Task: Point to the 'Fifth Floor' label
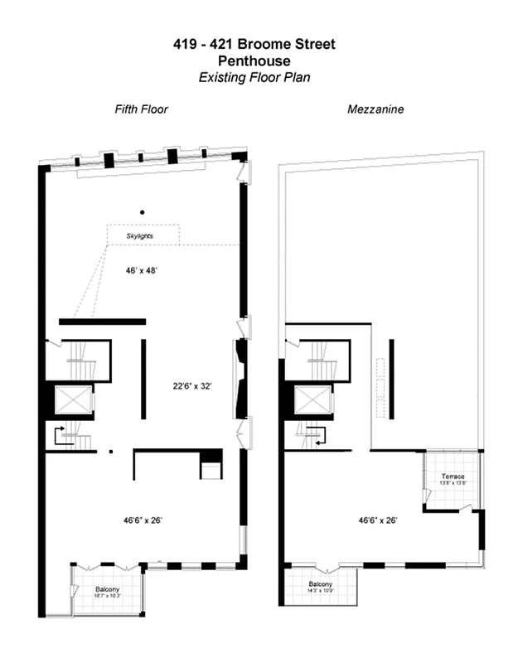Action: pos(141,109)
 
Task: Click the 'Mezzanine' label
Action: pos(375,109)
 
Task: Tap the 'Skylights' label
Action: pos(140,236)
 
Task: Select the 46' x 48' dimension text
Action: pos(141,270)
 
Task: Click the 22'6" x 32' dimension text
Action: pos(191,386)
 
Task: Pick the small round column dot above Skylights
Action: pos(143,211)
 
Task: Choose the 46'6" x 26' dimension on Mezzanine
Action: pos(378,520)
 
